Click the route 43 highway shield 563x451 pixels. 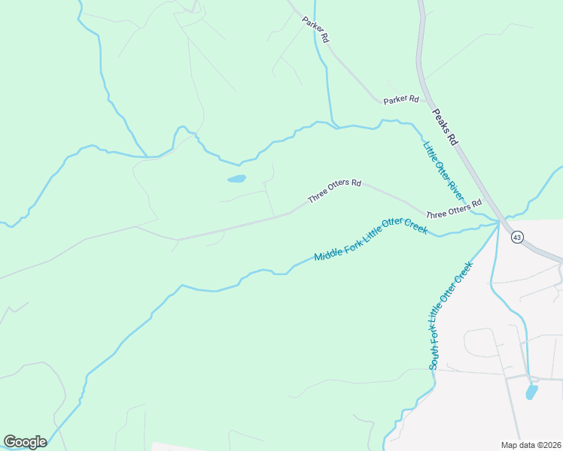[x=516, y=237]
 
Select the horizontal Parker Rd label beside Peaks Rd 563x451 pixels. [x=400, y=99]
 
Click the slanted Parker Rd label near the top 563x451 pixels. [x=316, y=29]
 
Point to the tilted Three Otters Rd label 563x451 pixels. [x=334, y=192]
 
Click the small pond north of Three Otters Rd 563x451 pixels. [x=236, y=180]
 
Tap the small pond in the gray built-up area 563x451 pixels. [x=531, y=392]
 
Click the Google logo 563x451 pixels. [x=25, y=441]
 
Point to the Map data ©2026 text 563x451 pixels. [x=530, y=445]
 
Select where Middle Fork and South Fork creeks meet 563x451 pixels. [x=498, y=222]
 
